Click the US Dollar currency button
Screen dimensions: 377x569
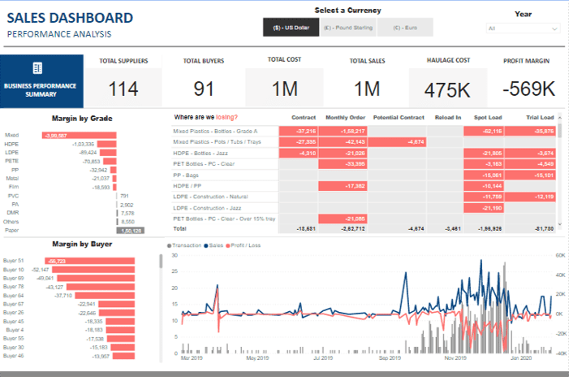[291, 27]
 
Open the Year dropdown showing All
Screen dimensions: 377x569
[524, 28]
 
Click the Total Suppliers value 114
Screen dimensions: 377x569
[123, 89]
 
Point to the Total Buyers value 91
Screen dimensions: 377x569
[204, 89]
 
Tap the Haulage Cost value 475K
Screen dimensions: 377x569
[448, 89]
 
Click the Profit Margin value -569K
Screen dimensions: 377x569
[528, 89]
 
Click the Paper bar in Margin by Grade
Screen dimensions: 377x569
[131, 230]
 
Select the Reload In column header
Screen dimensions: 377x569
[446, 117]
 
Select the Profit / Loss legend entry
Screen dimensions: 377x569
[245, 245]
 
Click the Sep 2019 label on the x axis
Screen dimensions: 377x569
[390, 357]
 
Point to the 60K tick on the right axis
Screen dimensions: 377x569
[559, 255]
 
